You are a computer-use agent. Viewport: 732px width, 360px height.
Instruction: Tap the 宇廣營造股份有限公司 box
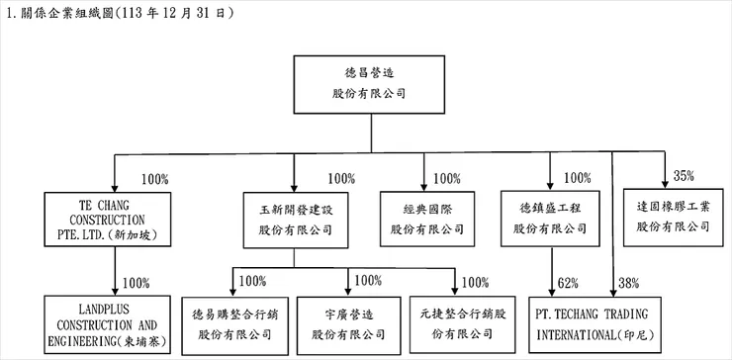coord(347,322)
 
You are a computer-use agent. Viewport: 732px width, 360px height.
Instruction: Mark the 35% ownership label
coord(683,176)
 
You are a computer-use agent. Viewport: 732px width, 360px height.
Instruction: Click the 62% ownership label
coord(568,284)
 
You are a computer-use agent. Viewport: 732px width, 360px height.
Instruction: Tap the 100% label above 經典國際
coord(446,178)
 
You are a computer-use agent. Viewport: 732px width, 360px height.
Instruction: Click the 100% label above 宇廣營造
coord(367,281)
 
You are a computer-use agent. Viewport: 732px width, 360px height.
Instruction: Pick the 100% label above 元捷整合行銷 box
coord(475,281)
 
